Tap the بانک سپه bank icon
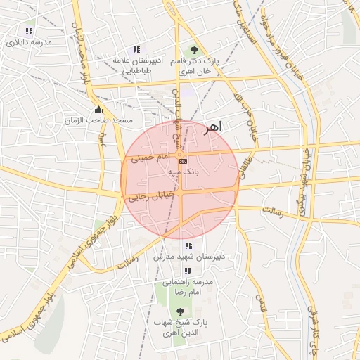tap(184, 161)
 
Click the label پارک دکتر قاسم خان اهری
tap(195, 67)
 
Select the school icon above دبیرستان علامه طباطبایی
tap(136, 50)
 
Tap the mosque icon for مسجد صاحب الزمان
tap(98, 110)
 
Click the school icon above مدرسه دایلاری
tap(29, 32)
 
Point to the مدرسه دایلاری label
tap(29, 42)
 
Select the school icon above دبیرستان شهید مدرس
tap(187, 246)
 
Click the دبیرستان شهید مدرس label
tap(188, 257)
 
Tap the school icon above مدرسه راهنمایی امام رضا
tap(187, 271)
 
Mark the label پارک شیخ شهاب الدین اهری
tap(181, 327)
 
